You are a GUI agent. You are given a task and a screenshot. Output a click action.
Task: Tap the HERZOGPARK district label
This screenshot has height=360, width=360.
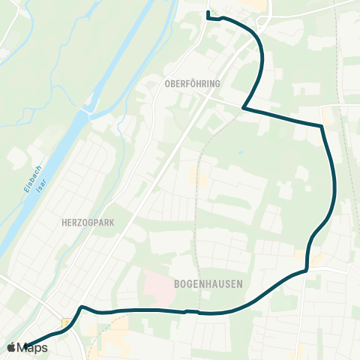pos(88,223)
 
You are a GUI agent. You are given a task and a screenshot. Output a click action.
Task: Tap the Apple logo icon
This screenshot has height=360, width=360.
pos(11,347)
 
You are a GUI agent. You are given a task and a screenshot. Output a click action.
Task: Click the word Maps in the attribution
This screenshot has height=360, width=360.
pos(32,347)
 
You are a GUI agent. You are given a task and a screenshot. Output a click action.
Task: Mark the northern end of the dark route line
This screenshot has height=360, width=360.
pos(208,12)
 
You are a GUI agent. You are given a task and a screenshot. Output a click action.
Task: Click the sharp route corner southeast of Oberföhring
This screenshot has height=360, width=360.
pos(244,108)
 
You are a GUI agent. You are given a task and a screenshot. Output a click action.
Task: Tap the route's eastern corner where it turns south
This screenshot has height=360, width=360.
pos(322,126)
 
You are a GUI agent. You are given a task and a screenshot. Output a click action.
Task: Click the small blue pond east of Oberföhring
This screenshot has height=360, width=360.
pos(240,153)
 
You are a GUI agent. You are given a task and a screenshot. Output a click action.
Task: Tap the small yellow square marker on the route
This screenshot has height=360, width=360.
pos(66,322)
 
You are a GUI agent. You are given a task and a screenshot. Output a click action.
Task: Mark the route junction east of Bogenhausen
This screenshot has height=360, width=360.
pos(307,271)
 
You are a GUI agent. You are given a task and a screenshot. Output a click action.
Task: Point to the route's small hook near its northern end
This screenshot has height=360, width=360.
pos(213,19)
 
